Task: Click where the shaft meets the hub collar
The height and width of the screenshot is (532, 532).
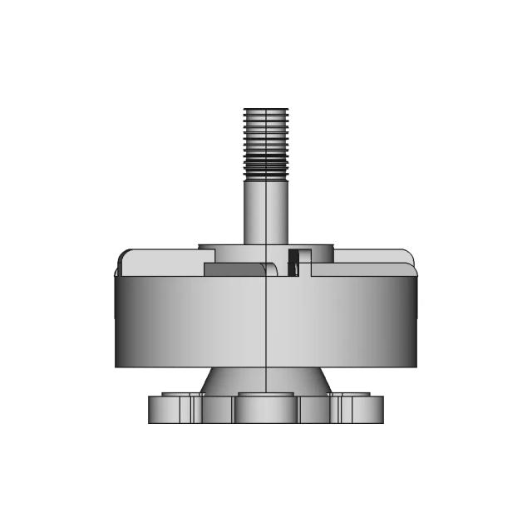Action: [x=265, y=244]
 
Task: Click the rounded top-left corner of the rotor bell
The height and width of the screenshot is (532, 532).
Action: [x=123, y=255]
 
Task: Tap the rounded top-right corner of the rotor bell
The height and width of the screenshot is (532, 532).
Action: [x=408, y=255]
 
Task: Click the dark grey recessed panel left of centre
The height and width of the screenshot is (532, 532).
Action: [x=233, y=270]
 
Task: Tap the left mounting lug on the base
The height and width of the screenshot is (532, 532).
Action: [x=170, y=408]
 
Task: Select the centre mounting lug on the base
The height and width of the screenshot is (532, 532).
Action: [x=265, y=407]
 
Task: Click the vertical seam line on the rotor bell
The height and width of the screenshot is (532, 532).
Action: [x=265, y=324]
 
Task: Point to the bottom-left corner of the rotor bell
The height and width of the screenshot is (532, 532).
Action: [x=116, y=365]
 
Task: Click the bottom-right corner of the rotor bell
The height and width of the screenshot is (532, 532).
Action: [x=416, y=365]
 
